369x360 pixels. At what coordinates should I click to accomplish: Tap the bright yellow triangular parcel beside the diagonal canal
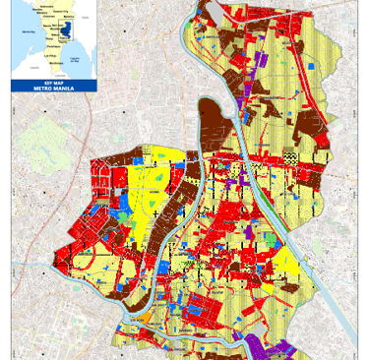click(286, 261)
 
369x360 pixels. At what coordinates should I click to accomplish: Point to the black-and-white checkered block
click(289, 156)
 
